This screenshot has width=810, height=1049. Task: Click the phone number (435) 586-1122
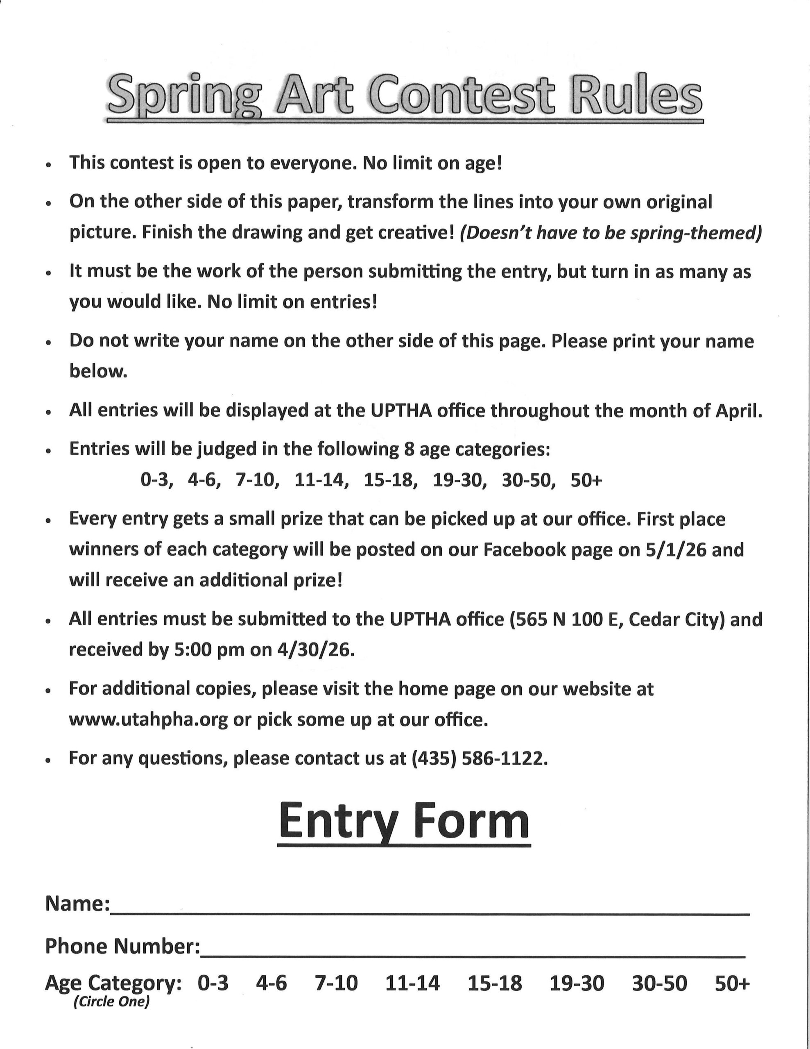[479, 758]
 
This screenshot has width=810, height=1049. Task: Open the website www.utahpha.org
[148, 720]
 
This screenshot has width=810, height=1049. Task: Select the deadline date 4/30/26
[315, 650]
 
